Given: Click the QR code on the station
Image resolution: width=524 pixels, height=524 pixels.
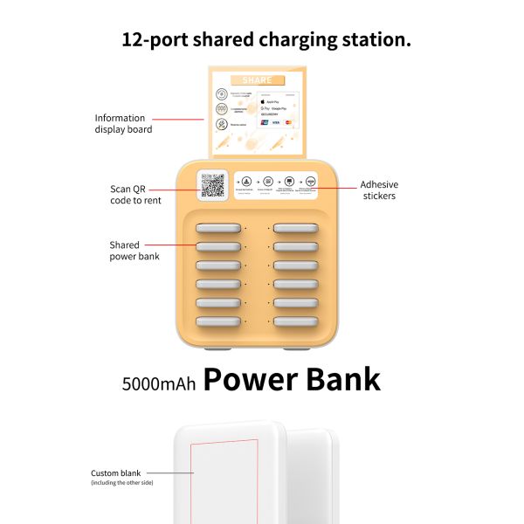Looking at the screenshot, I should [x=213, y=186].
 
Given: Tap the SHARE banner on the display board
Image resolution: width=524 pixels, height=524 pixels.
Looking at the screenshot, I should [x=256, y=79].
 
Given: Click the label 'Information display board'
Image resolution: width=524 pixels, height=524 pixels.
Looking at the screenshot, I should [x=123, y=124].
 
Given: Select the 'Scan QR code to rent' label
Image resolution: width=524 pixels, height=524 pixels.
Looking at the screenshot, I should [x=135, y=194].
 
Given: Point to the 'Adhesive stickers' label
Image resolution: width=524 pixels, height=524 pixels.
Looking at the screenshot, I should [x=379, y=190].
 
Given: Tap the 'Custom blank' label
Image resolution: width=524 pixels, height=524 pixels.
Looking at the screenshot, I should [x=115, y=473].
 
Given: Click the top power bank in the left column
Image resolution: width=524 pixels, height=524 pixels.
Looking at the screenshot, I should [x=217, y=229].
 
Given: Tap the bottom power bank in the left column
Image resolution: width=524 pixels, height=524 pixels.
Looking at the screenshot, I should [x=217, y=322].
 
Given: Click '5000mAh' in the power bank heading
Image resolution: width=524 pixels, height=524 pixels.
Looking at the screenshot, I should [x=158, y=383].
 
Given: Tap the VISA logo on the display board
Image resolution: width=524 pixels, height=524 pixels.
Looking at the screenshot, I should [x=276, y=122].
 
